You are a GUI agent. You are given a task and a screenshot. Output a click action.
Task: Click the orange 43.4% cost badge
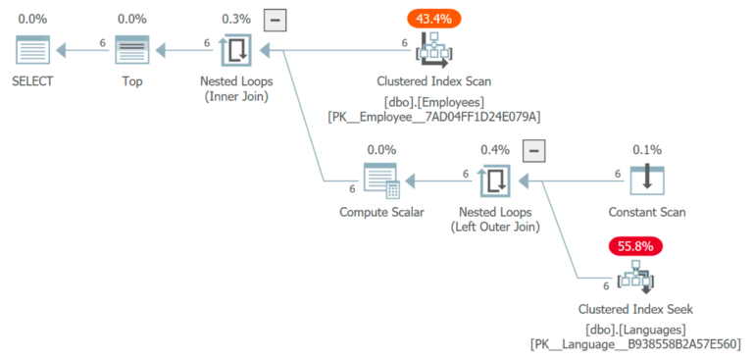(433, 18)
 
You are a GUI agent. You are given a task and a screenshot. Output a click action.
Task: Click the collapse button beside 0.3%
(276, 19)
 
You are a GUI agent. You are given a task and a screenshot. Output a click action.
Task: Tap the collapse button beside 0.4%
(533, 150)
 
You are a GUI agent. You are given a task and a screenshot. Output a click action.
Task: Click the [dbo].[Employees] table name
(433, 101)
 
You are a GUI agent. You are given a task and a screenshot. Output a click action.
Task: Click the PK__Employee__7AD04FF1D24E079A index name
(433, 117)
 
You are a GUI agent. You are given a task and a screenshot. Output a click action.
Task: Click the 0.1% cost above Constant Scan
(647, 150)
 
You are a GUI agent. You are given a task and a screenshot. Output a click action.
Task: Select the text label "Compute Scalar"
(381, 212)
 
